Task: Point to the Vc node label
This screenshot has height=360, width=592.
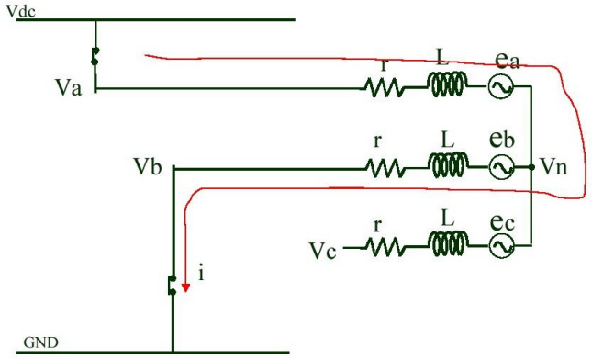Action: tap(324, 251)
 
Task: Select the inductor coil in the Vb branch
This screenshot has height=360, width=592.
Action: tap(447, 167)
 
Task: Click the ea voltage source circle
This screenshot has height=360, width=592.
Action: tap(501, 88)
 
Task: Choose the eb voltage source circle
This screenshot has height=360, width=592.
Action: tap(501, 168)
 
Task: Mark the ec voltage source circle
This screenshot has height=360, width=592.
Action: tap(501, 247)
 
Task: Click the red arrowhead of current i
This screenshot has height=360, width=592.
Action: tap(185, 287)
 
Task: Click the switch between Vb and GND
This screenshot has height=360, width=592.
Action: tap(172, 286)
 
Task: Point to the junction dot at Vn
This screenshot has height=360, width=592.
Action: tap(532, 168)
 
